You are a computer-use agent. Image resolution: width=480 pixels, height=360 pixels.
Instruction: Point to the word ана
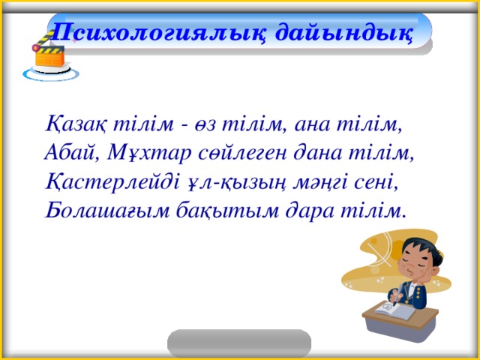[312, 125]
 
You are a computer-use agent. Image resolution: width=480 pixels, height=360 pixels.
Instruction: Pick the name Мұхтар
[150, 154]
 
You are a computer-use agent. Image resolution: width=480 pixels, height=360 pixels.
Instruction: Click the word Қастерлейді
[112, 181]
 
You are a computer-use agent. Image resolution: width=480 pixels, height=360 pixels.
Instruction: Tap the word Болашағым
[107, 211]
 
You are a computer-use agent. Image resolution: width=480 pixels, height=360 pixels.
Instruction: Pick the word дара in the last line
[309, 211]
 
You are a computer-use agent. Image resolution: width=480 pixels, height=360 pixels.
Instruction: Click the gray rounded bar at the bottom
[239, 343]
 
